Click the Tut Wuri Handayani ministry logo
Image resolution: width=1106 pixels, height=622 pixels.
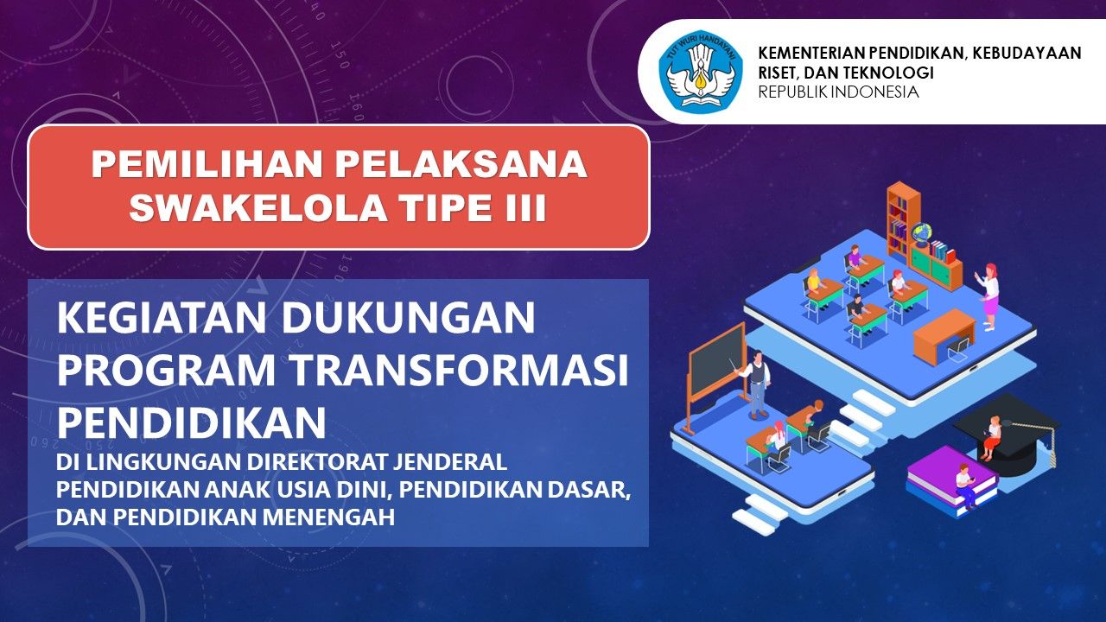701,72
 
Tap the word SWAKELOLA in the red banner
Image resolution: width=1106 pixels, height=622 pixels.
257,207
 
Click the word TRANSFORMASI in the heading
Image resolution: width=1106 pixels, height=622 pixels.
455,371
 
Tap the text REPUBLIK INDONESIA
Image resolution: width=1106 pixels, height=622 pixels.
838,92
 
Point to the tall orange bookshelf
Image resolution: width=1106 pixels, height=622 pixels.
904,219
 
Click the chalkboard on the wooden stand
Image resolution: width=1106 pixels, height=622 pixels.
717,363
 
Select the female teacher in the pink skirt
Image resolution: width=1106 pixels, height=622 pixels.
988,296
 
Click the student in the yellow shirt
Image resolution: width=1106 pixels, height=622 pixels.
814,283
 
